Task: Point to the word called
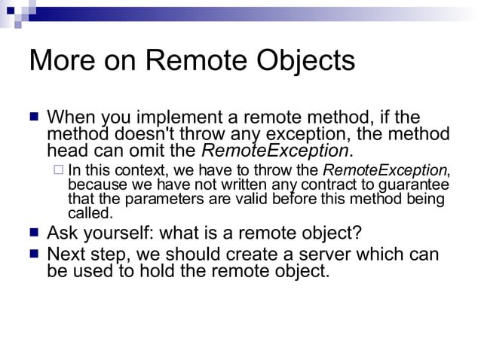click(90, 213)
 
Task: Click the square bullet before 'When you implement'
click(33, 117)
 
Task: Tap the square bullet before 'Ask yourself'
click(33, 232)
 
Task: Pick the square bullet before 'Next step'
click(33, 253)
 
